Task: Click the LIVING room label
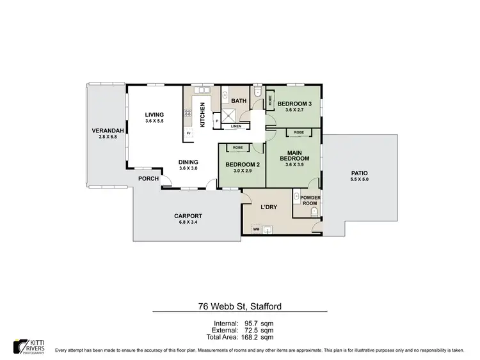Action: click(154, 115)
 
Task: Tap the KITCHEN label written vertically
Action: click(203, 115)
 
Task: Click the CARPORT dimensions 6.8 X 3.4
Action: click(188, 223)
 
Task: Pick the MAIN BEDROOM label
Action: click(298, 155)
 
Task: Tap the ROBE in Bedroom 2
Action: click(237, 148)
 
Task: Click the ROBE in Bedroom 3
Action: click(270, 100)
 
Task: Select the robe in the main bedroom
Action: click(299, 132)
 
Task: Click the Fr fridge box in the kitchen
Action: click(189, 133)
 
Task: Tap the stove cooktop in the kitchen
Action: click(189, 113)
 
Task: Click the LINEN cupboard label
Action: click(236, 126)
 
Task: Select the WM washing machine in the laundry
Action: click(256, 228)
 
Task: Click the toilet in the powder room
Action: click(314, 210)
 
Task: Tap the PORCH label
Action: click(148, 178)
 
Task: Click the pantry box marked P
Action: click(218, 121)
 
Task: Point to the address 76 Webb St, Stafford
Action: click(239, 306)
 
